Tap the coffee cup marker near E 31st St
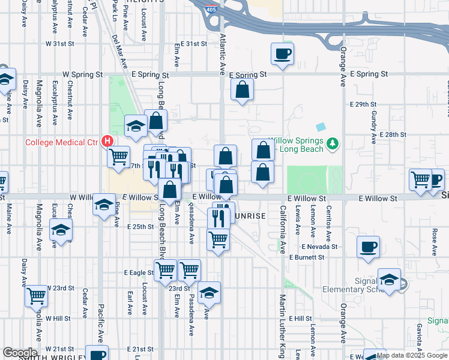[282, 54]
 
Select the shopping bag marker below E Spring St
[242, 90]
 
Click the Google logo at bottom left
[19, 353]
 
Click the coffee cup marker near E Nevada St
[368, 247]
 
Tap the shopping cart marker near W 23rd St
[37, 296]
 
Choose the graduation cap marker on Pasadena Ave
[209, 293]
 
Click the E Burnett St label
[306, 257]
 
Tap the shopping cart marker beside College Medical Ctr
[119, 157]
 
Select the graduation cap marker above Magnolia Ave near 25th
[61, 230]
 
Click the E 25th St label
[141, 227]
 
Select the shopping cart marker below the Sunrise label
[218, 239]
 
